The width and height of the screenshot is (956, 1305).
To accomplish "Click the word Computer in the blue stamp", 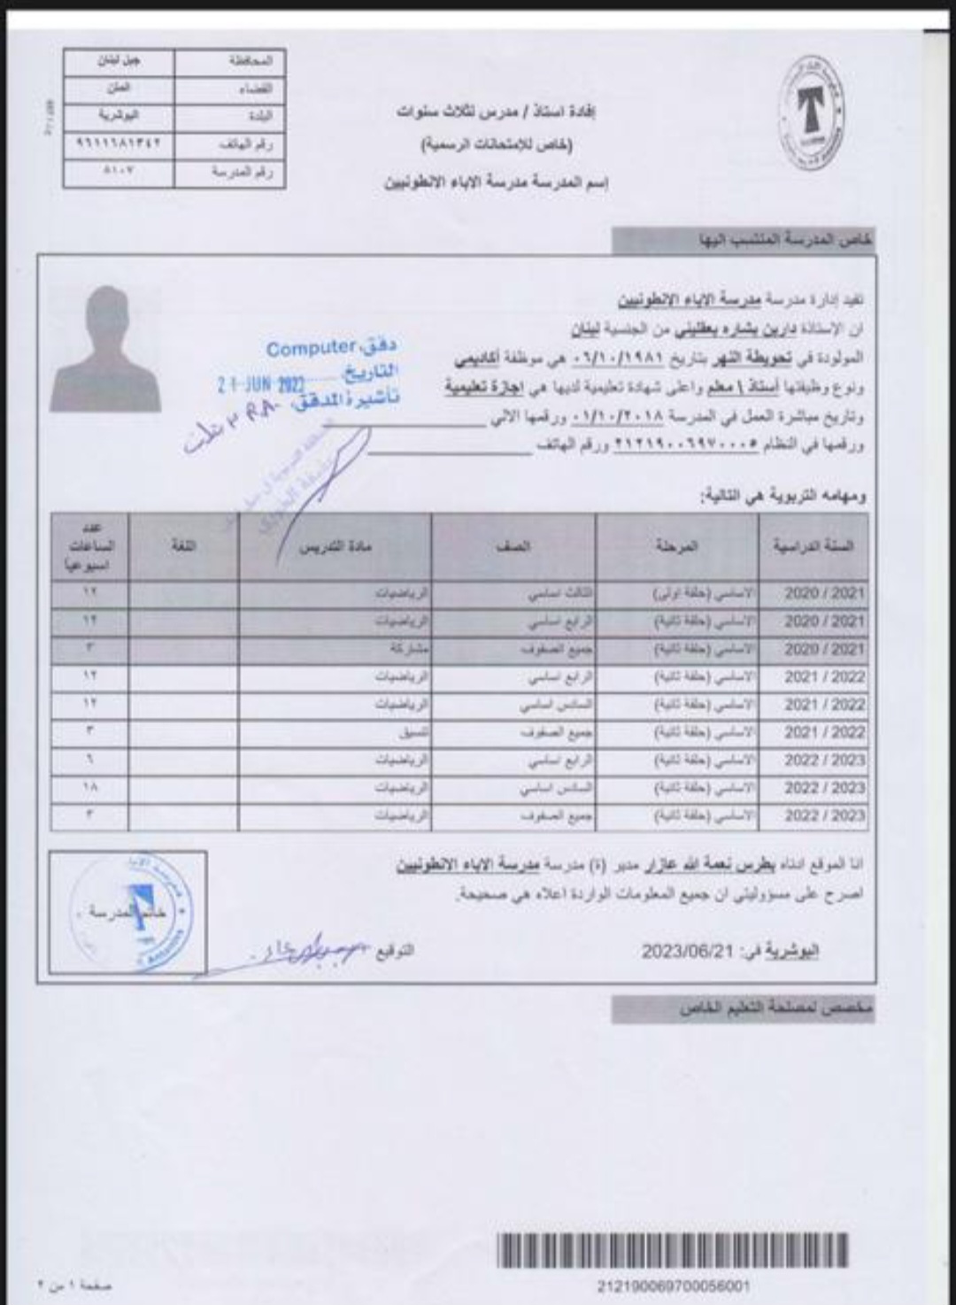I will click(x=311, y=349).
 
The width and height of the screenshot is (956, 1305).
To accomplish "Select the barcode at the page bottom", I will click(x=673, y=1250).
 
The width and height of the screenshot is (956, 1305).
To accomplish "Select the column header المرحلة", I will click(x=677, y=546).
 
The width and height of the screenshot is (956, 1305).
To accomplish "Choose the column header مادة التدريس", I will click(x=335, y=546).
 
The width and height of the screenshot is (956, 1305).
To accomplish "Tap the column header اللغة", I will click(x=183, y=546).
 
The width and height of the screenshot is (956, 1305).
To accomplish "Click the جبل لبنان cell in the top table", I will click(x=119, y=63).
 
